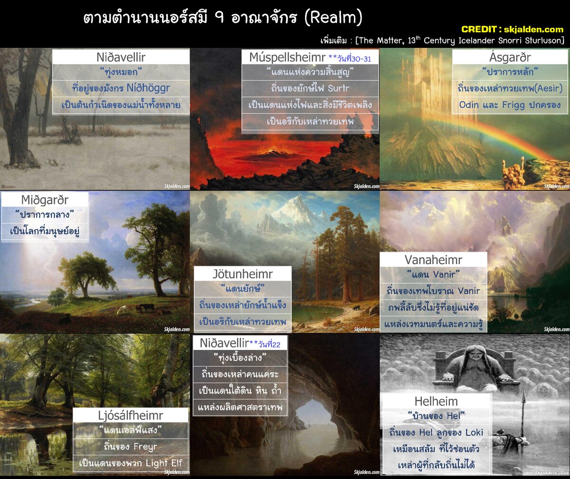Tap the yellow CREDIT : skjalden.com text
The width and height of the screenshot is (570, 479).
512,29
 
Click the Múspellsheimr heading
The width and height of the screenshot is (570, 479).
287,57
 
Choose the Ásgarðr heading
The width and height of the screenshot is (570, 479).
510,57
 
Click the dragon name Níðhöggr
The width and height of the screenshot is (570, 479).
148,88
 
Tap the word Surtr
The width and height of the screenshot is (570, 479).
338,88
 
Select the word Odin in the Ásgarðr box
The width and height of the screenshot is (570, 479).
469,105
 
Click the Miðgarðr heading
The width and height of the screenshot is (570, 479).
45,200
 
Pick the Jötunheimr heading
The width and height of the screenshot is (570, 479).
242,274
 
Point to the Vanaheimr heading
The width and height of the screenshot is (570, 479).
433,260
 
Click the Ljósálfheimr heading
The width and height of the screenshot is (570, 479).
131,415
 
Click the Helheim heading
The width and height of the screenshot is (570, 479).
436,401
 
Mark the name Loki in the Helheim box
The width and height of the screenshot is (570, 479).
474,433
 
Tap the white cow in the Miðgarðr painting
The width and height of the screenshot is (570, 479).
123,309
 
